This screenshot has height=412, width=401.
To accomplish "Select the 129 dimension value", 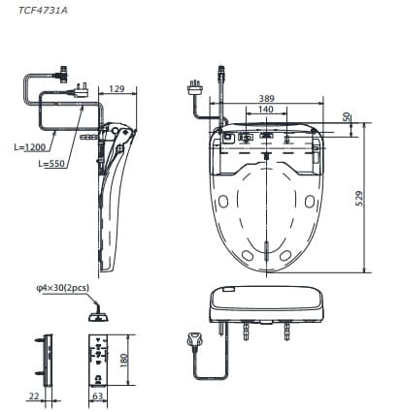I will click(116, 89).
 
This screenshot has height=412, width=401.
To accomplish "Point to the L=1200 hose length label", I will click(30, 148).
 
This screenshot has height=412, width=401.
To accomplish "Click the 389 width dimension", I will click(268, 99).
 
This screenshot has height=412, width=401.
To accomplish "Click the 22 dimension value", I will click(33, 396).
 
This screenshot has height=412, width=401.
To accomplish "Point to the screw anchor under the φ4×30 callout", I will click(97, 313).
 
